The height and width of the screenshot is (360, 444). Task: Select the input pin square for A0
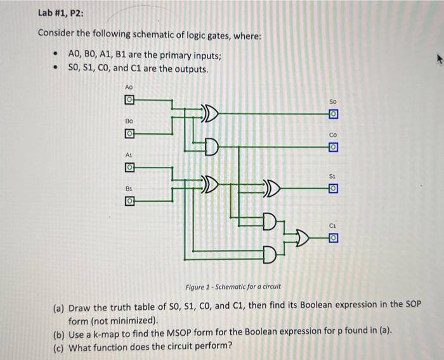click(x=129, y=100)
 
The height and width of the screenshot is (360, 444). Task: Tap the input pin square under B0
click(x=129, y=134)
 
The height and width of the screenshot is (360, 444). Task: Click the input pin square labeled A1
click(x=129, y=167)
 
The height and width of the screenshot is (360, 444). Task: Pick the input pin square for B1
click(x=129, y=201)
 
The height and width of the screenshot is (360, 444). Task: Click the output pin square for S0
click(x=333, y=114)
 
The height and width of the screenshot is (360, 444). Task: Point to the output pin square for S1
click(x=333, y=189)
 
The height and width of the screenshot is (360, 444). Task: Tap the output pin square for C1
click(x=333, y=238)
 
